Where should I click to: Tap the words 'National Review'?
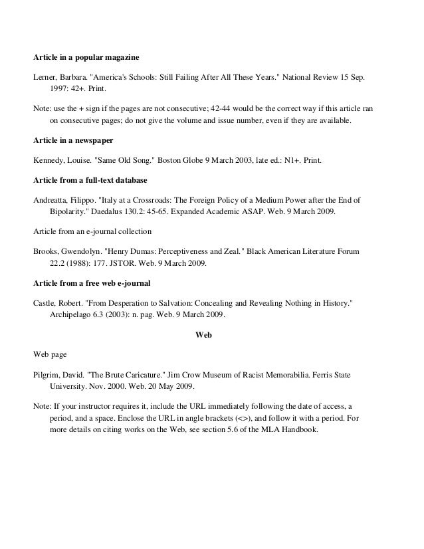(302, 77)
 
